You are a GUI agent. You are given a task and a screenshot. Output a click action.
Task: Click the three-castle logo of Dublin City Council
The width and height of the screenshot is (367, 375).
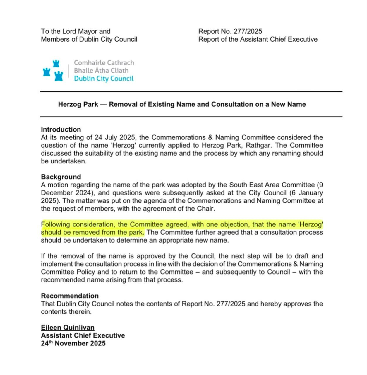53,71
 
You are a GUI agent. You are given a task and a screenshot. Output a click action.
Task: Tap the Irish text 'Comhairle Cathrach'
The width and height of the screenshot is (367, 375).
104,63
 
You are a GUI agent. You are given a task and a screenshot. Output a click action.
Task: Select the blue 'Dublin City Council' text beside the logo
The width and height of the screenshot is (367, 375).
104,79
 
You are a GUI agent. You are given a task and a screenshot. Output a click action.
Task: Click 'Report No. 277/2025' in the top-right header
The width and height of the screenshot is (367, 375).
230,31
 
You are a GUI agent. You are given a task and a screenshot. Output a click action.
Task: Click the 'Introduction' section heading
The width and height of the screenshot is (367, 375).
61,129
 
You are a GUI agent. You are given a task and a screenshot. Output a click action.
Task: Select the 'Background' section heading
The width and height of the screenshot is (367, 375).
61,177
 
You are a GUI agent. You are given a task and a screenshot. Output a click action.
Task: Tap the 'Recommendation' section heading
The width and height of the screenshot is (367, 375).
70,296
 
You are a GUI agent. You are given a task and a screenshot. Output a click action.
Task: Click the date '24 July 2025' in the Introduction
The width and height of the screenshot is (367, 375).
114,137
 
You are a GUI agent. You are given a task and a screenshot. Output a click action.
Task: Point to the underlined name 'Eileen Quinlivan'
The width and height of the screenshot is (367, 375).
68,328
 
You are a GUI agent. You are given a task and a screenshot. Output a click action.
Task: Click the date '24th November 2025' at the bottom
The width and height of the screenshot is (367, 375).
73,343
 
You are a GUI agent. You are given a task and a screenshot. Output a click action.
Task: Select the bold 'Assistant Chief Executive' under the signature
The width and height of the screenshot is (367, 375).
83,335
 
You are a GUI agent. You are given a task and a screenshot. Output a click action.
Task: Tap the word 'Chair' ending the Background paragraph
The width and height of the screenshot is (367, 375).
206,209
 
